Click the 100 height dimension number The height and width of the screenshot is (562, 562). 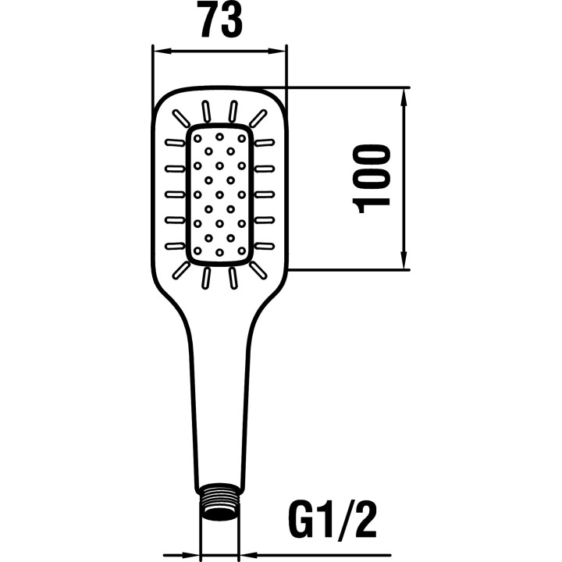372,179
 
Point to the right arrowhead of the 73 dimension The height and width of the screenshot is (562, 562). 276,52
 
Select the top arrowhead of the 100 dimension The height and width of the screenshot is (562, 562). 404,98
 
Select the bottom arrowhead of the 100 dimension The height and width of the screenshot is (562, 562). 404,259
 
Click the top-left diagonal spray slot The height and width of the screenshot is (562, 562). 181,118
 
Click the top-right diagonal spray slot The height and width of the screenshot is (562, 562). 258,118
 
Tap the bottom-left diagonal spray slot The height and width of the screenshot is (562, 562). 181,270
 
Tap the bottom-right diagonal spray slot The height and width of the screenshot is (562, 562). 258,270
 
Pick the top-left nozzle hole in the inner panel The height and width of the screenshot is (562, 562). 197,138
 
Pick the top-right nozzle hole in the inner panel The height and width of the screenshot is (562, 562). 242,138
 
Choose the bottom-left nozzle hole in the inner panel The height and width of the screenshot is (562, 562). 197,251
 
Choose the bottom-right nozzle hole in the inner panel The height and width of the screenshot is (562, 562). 242,251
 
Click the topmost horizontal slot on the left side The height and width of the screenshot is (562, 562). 175,143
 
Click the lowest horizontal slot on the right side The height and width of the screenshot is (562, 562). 265,246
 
